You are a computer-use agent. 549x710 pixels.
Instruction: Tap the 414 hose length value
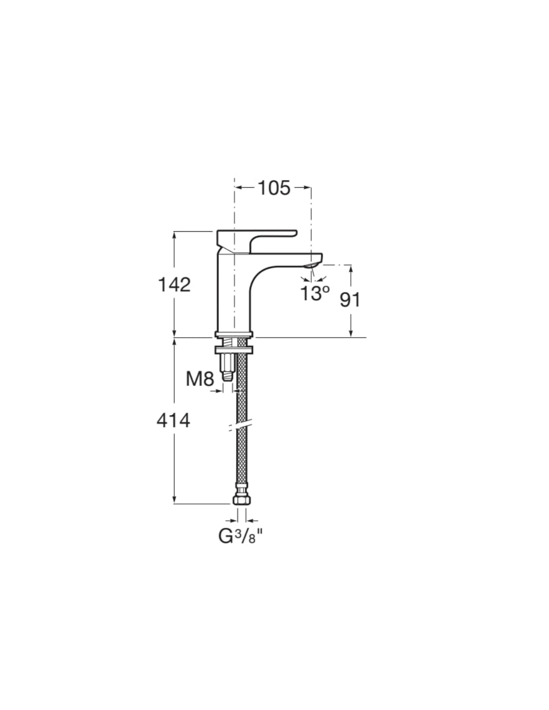click(173, 420)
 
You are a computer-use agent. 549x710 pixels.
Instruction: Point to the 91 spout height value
click(350, 299)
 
